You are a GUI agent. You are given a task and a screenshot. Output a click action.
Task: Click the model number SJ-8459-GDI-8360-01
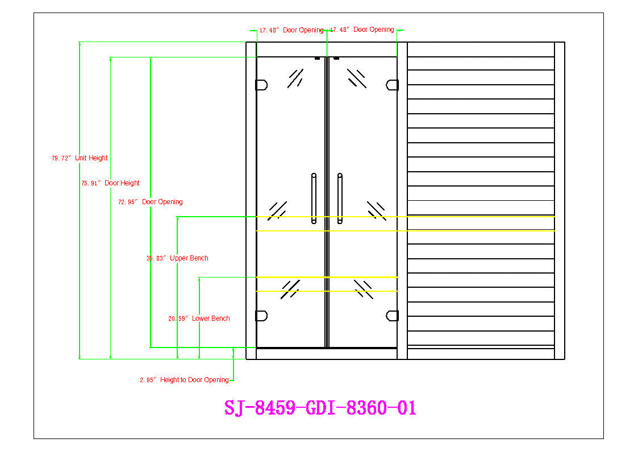320,408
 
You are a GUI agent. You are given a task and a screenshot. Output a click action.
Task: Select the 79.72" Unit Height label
80,158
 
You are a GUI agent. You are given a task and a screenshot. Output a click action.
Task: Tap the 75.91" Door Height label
110,183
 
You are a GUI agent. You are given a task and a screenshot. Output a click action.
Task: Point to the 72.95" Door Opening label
151,202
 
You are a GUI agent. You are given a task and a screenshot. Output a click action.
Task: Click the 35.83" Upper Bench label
177,258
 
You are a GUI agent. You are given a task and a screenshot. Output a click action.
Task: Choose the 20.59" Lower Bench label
199,318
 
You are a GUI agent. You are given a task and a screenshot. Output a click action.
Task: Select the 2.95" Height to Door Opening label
185,380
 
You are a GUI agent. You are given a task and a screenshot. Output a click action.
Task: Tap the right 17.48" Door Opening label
362,30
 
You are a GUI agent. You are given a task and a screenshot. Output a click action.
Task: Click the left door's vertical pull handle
314,198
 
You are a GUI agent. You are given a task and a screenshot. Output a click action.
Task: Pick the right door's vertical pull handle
340,198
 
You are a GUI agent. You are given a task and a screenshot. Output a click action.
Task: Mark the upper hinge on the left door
261,85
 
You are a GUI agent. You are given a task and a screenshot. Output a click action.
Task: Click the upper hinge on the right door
392,85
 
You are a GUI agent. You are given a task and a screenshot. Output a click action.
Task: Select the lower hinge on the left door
261,316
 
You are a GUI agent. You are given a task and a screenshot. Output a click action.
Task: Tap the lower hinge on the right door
392,316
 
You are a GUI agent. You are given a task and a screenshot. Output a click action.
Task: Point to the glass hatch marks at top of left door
295,78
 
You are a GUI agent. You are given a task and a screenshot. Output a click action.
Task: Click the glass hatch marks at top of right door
357,78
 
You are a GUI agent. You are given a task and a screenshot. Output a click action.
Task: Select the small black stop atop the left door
317,58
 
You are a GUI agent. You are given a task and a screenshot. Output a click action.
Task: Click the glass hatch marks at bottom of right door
363,289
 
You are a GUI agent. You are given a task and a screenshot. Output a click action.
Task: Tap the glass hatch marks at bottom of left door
290,289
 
